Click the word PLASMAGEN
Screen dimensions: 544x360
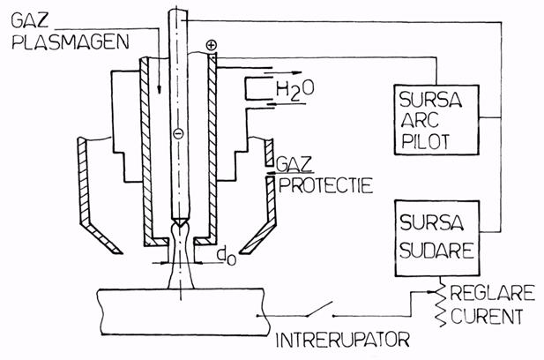[x=71, y=42]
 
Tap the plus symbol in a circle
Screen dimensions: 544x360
[x=212, y=45]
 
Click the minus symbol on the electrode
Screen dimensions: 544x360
[x=178, y=133]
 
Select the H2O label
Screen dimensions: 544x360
[x=295, y=90]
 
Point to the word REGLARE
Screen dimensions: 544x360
[x=492, y=293]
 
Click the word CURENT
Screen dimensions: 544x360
[x=487, y=316]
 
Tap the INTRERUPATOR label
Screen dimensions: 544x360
[x=342, y=340]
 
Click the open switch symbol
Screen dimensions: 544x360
[x=319, y=310]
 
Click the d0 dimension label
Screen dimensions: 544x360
[x=227, y=256]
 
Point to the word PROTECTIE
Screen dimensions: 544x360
[x=325, y=185]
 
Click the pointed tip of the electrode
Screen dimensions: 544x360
[x=179, y=227]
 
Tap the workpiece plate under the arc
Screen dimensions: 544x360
[x=183, y=312]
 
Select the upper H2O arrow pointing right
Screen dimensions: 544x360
[x=283, y=73]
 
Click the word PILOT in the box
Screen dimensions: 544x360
[x=425, y=141]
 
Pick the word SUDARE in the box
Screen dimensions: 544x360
[x=436, y=250]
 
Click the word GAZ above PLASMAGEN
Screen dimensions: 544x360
[x=30, y=20]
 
